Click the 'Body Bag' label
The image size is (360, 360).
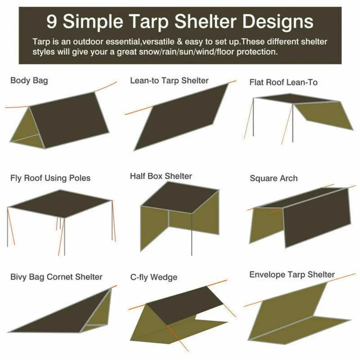29,80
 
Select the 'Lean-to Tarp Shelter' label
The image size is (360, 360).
169,81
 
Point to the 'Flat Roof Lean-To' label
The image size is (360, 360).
283,82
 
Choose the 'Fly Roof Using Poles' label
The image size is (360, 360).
50,178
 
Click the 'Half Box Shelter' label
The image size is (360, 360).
161,176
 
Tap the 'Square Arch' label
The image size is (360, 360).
274,178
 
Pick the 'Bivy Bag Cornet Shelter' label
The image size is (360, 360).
56,277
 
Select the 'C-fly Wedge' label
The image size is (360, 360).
154,277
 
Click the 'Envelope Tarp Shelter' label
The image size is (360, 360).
292,275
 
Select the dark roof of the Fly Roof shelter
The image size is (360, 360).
59,203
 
